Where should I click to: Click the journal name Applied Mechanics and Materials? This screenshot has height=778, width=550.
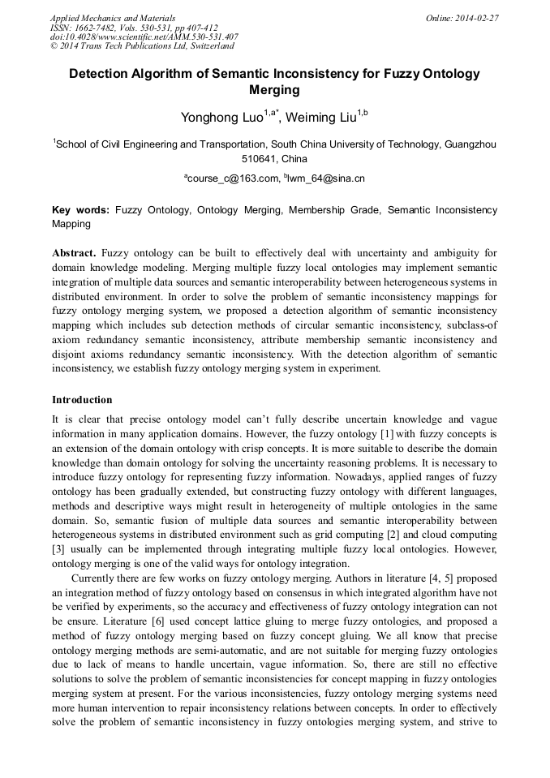click(x=113, y=18)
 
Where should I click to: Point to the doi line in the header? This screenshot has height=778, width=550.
click(x=144, y=37)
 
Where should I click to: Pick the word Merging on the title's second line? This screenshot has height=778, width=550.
click(x=274, y=90)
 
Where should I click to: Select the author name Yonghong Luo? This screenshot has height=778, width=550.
click(x=221, y=118)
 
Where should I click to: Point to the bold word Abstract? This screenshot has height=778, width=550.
click(x=74, y=252)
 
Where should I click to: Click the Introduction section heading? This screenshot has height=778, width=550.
click(x=82, y=400)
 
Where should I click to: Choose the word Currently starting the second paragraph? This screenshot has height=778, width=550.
click(x=97, y=578)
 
